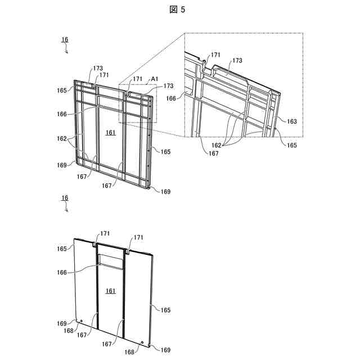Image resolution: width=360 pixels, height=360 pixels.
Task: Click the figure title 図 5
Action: tap(180, 10)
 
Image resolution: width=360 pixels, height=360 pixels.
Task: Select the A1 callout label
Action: tap(154, 79)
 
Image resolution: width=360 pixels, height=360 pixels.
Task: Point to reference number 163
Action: tap(291, 121)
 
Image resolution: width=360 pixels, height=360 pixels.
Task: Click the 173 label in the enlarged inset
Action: tap(237, 60)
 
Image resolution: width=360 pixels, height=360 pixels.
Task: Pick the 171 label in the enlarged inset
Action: tap(216, 55)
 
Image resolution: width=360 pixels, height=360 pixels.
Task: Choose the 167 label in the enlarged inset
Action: tap(198, 152)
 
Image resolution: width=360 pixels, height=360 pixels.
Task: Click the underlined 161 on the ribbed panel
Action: tap(111, 132)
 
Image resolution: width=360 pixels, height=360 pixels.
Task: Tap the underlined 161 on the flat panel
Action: tap(111, 291)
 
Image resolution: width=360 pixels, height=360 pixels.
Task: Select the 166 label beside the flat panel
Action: tap(61, 272)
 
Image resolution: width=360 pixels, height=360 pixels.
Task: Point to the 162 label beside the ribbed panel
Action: tap(61, 138)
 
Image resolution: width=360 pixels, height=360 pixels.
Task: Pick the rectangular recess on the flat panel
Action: tap(110, 260)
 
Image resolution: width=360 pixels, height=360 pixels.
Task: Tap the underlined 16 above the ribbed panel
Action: tap(65, 39)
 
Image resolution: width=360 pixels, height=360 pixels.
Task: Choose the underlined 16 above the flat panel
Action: tap(65, 198)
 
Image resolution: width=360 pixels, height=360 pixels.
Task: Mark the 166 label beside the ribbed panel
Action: tap(61, 114)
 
